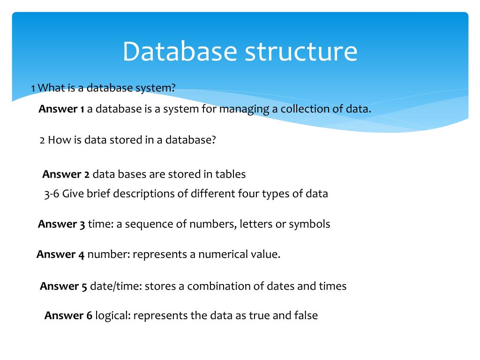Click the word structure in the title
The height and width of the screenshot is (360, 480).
coord(301,52)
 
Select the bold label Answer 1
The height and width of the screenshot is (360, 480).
coord(61,109)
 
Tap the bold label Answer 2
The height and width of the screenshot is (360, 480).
coord(66,174)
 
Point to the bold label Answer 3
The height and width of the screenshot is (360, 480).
coord(61,224)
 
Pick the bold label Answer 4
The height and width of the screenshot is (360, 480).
coord(60,255)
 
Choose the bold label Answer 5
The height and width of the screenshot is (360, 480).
coord(64,286)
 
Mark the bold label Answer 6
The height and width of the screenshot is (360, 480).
coord(68,315)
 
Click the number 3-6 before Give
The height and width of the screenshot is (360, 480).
coord(52,194)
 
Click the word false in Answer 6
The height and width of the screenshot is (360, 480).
coord(307,315)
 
